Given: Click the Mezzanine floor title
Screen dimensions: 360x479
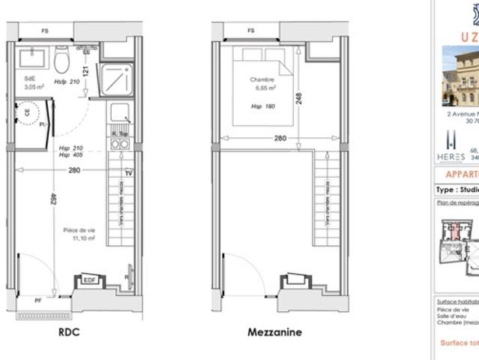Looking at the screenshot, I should pos(274,332).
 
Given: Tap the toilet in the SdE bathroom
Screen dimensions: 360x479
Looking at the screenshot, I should pos(62,58).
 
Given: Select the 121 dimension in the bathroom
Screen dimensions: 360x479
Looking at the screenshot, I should pos(86,73).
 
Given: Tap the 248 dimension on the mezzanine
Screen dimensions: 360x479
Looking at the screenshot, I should pos(298,97).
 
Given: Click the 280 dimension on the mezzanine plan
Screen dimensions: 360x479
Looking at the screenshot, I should pos(280,138).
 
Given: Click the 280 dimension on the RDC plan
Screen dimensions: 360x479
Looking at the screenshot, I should pos(74,170).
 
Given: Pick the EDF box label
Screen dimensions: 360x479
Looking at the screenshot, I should pos(88,280).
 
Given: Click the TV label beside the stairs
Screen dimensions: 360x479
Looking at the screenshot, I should pos(128,173).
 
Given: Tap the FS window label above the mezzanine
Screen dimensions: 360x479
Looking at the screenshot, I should pos(250,31).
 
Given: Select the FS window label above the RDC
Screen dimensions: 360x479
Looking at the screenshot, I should pos(46,31).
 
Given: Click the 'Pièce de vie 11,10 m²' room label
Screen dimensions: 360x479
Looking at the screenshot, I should pos(79,234).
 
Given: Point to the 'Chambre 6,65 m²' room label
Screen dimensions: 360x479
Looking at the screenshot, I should pos(262,82).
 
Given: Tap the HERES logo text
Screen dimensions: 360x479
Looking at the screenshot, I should pos(450,157).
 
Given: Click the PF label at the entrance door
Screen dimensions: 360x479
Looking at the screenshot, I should pos(37,300).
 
